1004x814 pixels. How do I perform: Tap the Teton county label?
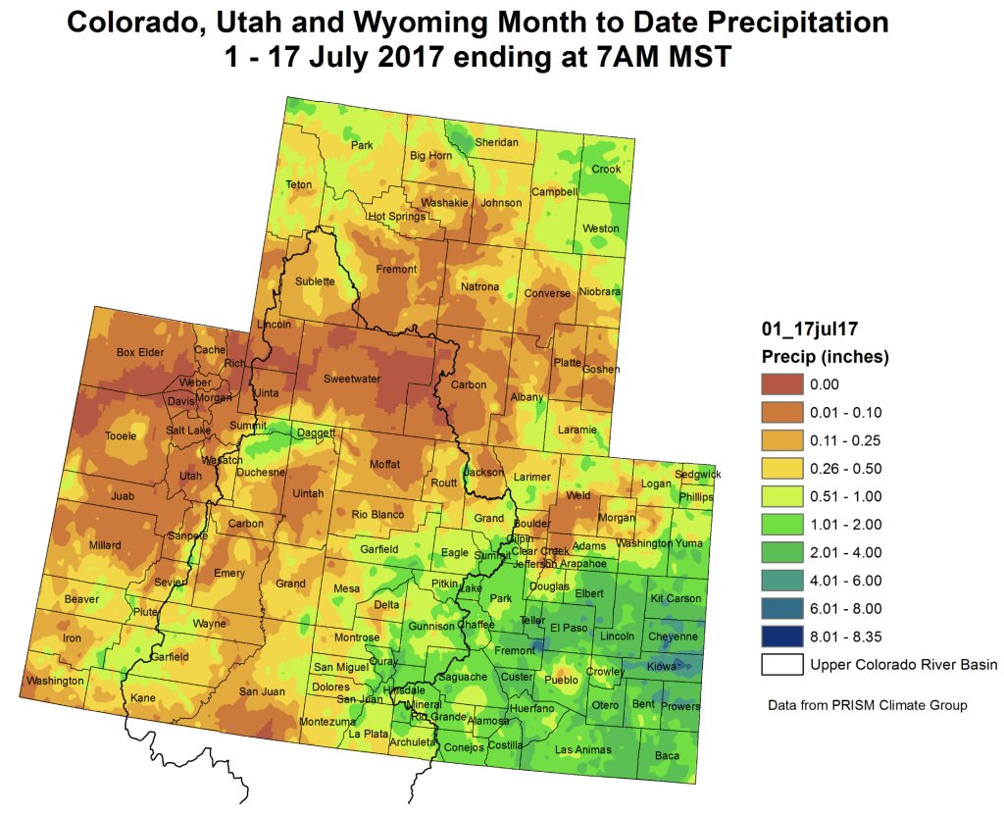[x=298, y=184]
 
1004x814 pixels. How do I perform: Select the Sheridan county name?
[x=496, y=142]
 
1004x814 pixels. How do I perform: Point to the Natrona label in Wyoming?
[x=480, y=286]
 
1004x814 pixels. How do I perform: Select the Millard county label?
[x=105, y=545]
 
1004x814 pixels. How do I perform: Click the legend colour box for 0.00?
[x=780, y=383]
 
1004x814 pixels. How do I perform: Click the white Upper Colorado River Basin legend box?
[x=780, y=664]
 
